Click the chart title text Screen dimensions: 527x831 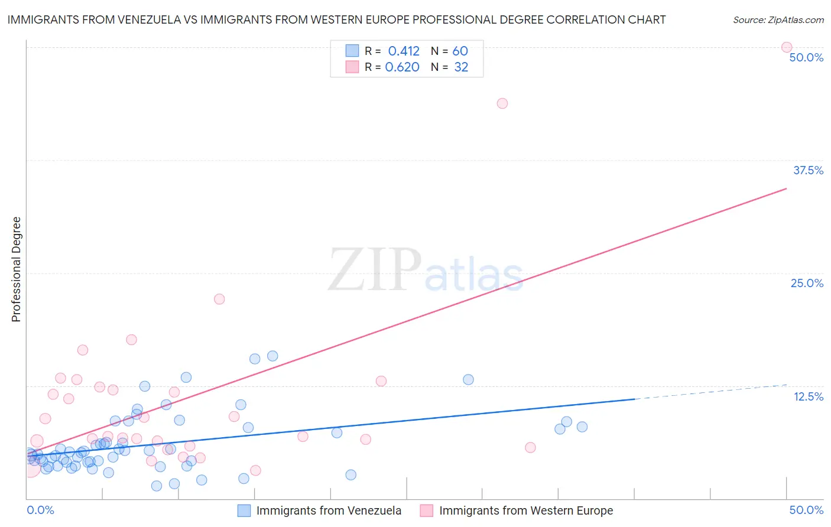coord(336,20)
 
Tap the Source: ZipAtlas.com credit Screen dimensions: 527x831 coord(778,20)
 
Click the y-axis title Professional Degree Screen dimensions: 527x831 coord(16,269)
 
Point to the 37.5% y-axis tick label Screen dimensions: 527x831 coord(808,170)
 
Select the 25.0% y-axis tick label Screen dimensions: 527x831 coord(807,283)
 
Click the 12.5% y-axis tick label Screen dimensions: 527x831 coord(808,396)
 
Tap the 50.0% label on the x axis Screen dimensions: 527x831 coord(806,510)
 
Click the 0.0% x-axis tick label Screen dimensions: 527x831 coord(40,510)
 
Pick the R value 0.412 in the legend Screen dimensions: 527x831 coord(403,51)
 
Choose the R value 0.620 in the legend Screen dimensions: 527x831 coord(402,67)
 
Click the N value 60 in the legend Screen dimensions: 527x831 coord(460,51)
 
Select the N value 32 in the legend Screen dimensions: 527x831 coord(461,67)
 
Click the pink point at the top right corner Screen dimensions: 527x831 coord(787,47)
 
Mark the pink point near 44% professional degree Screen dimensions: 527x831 coord(502,103)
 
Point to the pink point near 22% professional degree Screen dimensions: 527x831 coord(219,299)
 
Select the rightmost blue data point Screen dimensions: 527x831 coord(582,427)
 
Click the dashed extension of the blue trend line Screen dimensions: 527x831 coord(709,392)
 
